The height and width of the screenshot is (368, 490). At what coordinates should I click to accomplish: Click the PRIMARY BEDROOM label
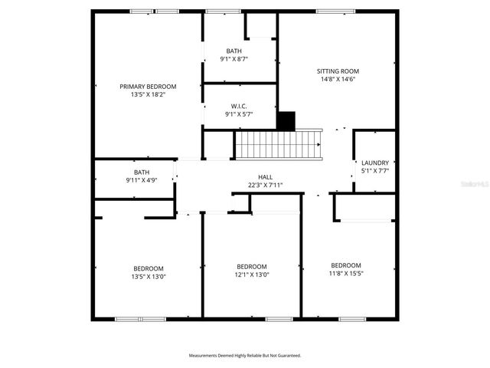[x=148, y=87]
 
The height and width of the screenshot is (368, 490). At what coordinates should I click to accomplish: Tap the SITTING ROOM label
[x=338, y=71]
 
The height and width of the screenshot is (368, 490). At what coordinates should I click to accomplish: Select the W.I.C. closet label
[x=239, y=106]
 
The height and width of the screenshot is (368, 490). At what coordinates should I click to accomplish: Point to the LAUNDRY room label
[x=375, y=163]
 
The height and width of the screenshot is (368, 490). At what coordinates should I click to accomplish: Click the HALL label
[x=265, y=176]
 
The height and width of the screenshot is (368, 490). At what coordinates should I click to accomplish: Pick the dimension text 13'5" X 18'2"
[x=148, y=95]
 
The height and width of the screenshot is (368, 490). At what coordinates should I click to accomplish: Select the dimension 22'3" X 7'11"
[x=265, y=185]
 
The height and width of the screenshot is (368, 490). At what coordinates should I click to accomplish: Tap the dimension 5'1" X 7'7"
[x=375, y=171]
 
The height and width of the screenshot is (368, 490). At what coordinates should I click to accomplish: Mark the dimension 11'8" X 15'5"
[x=345, y=273]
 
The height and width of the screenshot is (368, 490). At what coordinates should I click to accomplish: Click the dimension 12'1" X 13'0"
[x=252, y=274]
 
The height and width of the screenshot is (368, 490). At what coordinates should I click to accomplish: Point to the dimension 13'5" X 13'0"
[x=148, y=277]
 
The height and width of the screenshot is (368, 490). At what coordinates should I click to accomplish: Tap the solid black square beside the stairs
[x=286, y=121]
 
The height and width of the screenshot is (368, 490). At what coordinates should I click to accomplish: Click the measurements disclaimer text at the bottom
[x=245, y=356]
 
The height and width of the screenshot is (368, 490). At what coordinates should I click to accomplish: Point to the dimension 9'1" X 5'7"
[x=239, y=114]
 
